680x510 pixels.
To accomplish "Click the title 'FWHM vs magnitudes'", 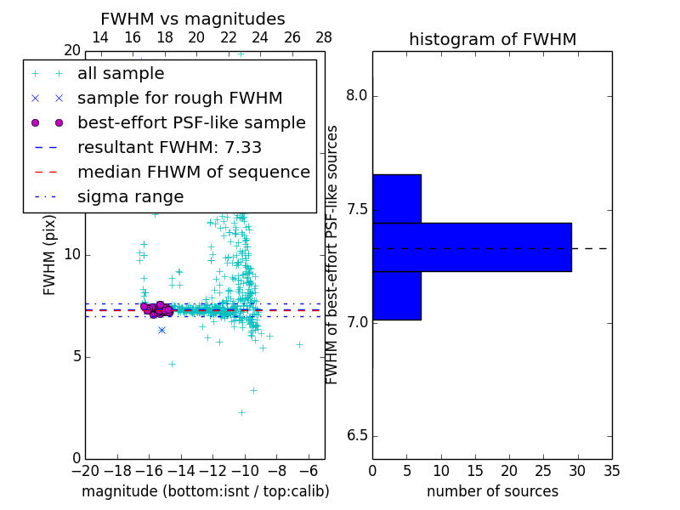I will click(x=192, y=19).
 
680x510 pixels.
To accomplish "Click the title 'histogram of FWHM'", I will click(x=492, y=39).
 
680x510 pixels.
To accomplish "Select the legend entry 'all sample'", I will click(x=121, y=74).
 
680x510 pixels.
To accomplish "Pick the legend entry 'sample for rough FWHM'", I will click(x=179, y=99).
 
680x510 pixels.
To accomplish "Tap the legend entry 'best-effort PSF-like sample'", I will click(x=191, y=123).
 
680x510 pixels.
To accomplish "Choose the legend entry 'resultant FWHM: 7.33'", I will click(x=169, y=148).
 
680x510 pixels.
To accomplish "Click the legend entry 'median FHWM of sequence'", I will click(x=193, y=173).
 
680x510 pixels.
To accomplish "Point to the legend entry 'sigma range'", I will click(x=130, y=197).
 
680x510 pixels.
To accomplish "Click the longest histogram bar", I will click(x=472, y=247).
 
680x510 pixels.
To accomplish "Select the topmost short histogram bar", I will click(x=397, y=198).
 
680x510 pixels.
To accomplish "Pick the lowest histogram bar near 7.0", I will click(x=397, y=296).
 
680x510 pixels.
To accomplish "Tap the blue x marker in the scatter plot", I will click(x=161, y=330).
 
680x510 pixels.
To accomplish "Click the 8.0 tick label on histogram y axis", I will click(x=356, y=95).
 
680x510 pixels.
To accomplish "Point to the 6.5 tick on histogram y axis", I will click(x=356, y=436).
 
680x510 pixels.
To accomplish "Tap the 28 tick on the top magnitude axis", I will click(x=324, y=37).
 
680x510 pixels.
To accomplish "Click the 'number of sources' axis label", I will click(x=492, y=491).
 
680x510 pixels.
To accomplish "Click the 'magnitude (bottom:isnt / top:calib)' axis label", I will click(x=205, y=491).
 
